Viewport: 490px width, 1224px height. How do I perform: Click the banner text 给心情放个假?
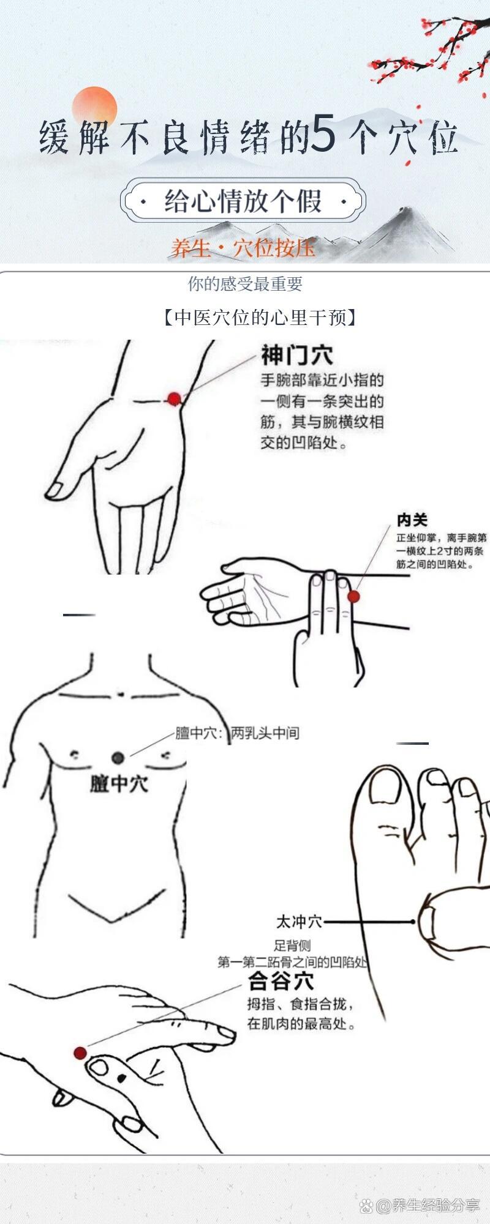click(243, 201)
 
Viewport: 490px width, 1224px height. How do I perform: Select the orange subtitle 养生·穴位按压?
click(243, 247)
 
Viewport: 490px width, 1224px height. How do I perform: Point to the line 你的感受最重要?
click(245, 284)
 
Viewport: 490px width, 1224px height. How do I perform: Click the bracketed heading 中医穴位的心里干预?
click(260, 318)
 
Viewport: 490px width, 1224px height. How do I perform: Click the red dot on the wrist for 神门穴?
click(174, 399)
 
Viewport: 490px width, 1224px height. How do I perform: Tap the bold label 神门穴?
click(297, 355)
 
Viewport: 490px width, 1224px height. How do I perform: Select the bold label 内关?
click(412, 520)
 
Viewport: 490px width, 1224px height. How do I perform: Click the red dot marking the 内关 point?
click(353, 596)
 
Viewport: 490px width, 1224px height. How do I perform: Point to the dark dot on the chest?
click(118, 758)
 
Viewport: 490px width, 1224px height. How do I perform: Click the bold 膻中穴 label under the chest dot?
click(119, 783)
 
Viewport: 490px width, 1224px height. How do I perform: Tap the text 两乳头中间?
click(265, 733)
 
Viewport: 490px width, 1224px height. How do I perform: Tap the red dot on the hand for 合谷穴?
click(80, 1053)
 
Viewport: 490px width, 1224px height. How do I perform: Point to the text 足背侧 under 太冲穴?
click(292, 946)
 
